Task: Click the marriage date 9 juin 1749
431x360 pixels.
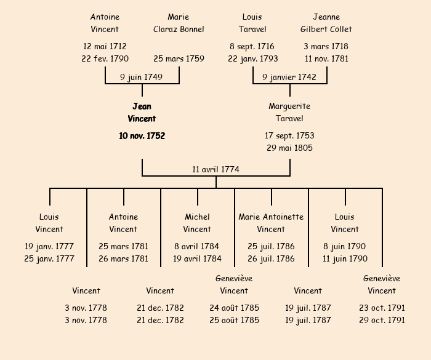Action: click(x=142, y=77)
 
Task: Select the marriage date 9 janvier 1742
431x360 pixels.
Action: click(x=289, y=77)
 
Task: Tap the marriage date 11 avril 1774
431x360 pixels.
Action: click(x=216, y=169)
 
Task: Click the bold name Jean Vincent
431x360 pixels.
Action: click(x=142, y=113)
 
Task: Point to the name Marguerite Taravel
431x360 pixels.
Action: click(x=289, y=113)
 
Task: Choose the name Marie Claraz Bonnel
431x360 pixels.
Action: click(x=179, y=23)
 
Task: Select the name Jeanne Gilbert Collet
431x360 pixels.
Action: click(x=326, y=23)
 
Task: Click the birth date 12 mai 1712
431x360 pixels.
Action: click(x=105, y=47)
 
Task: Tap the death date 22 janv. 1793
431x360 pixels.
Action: click(x=252, y=59)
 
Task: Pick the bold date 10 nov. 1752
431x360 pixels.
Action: click(x=142, y=135)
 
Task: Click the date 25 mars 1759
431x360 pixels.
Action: click(x=179, y=59)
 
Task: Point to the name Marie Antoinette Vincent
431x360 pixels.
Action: click(x=271, y=223)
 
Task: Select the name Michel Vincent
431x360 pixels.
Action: click(x=197, y=223)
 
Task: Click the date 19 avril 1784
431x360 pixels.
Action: click(x=197, y=258)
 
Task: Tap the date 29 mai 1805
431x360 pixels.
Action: click(x=289, y=148)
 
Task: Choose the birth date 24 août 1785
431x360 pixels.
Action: click(x=234, y=308)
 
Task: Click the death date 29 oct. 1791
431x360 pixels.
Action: click(x=382, y=320)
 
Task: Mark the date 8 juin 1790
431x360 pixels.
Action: click(x=345, y=246)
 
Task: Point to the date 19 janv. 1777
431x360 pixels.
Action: click(x=49, y=246)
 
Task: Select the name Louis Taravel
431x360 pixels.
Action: click(x=252, y=23)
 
